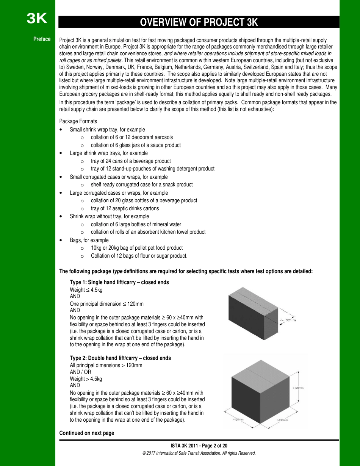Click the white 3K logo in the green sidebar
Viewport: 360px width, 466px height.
pos(37,18)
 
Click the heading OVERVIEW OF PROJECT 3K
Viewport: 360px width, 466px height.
pos(199,22)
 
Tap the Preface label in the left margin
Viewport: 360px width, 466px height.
pos(42,39)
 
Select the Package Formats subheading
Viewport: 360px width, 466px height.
pos(78,121)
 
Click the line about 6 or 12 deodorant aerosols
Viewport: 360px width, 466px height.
pos(131,137)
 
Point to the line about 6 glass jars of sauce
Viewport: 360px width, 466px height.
pos(136,145)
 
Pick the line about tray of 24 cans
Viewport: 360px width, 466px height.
pos(131,161)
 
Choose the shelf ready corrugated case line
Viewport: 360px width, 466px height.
pos(141,185)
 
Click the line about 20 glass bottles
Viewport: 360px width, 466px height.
pos(144,200)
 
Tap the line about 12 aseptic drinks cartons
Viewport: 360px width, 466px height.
pos(125,208)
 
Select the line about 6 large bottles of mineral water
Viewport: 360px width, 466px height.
pos(136,224)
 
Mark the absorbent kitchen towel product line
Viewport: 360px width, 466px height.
pos(148,232)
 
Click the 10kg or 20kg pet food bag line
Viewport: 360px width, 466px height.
pos(136,248)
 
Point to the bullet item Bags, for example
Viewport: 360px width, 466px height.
pos(89,240)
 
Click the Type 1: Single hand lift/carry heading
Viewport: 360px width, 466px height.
pos(119,282)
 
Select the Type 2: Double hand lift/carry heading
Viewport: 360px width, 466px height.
pos(120,358)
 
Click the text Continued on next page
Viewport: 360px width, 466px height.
pos(87,433)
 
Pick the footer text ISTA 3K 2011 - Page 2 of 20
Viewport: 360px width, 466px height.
pos(199,446)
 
